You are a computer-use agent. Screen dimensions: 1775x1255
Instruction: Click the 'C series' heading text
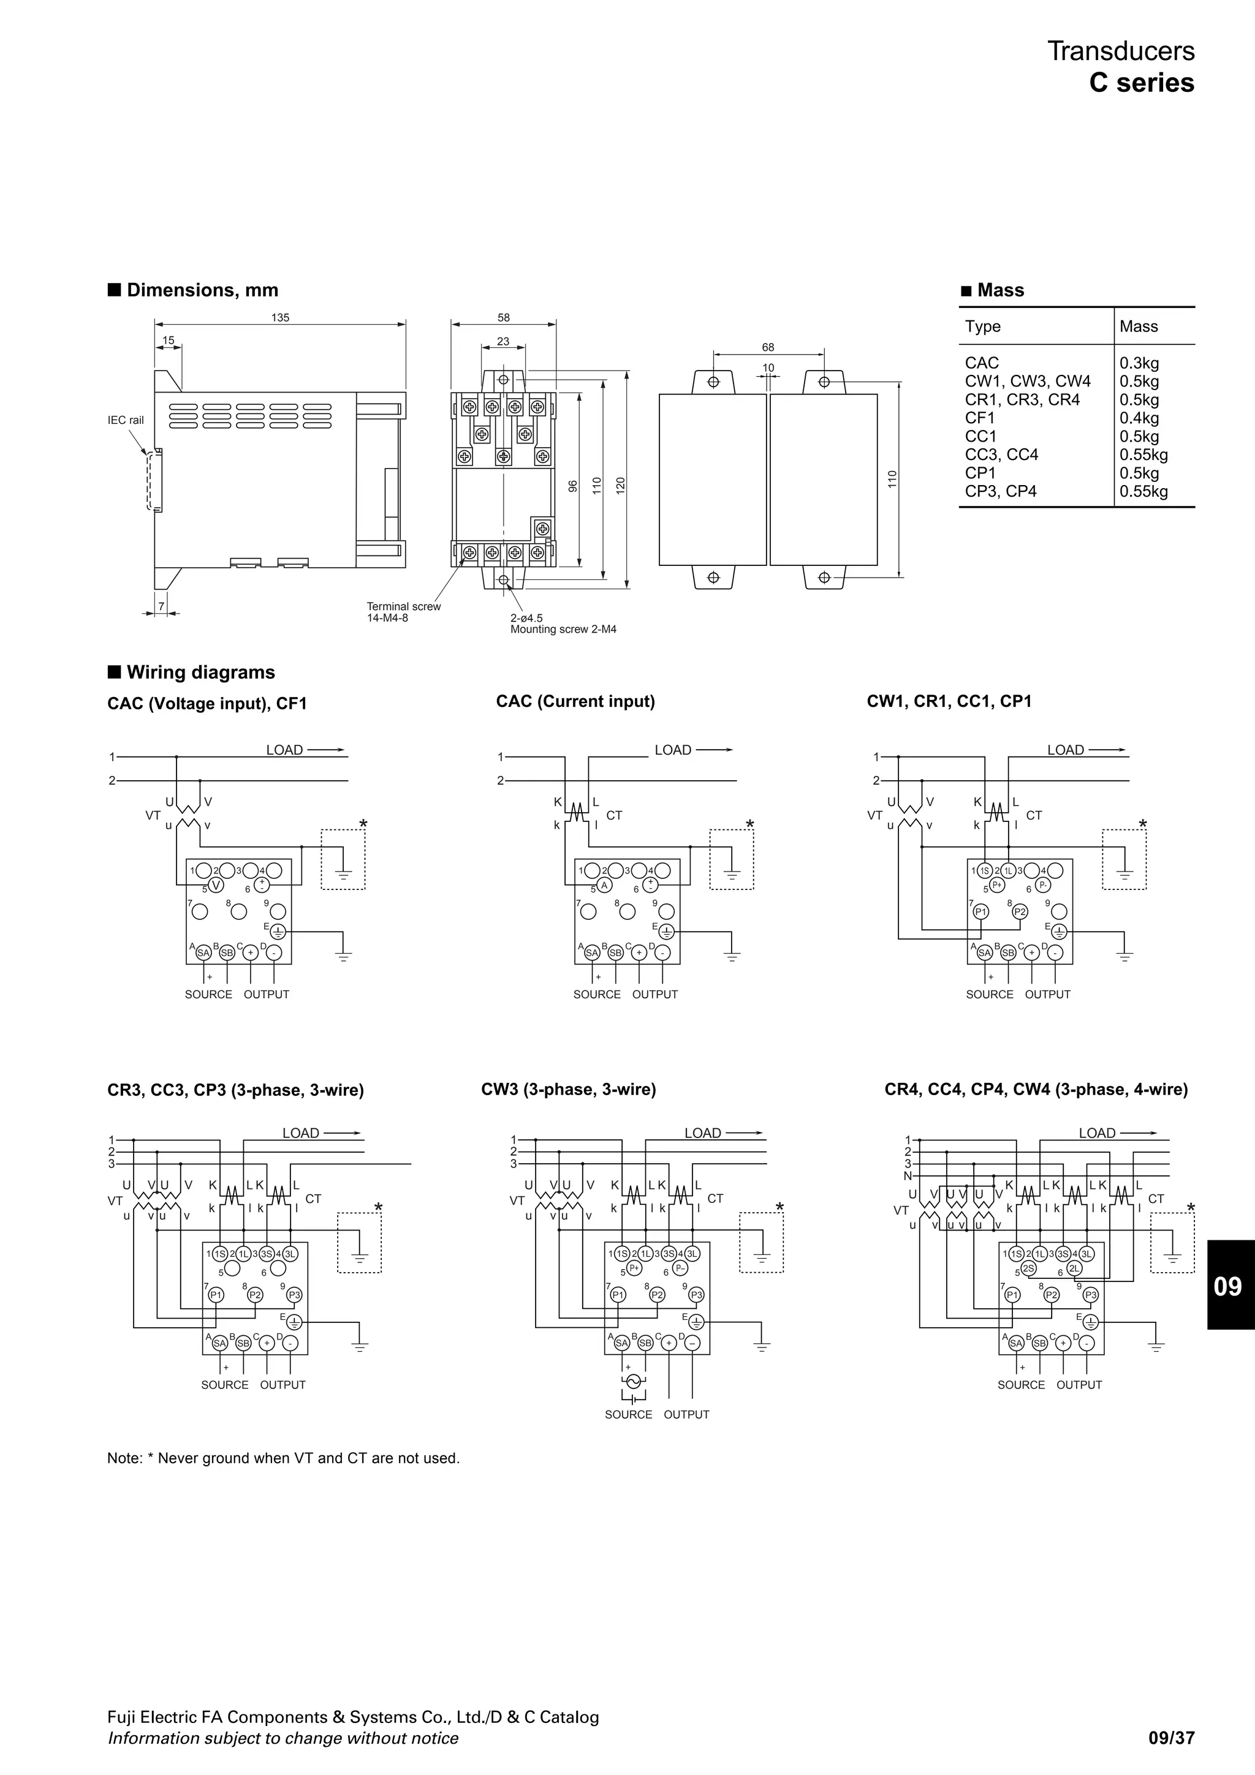(1142, 83)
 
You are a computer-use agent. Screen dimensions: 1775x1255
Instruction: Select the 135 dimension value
(280, 318)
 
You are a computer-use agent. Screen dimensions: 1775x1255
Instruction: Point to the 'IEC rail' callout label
(125, 421)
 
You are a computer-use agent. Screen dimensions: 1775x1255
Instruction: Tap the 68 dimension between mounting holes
(767, 348)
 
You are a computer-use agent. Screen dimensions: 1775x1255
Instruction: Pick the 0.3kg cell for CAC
(1139, 363)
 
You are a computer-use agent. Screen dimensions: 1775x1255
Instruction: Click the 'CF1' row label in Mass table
(980, 418)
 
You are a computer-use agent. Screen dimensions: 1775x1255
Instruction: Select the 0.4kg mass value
(1139, 418)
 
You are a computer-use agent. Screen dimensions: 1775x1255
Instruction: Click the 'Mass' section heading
(1000, 291)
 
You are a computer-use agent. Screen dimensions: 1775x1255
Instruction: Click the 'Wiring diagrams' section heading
(200, 673)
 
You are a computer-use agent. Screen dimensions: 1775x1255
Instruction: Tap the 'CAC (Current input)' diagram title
(575, 701)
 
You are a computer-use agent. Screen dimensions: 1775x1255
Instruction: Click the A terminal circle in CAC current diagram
(605, 885)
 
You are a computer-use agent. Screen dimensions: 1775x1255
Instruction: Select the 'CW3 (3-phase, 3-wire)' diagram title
(568, 1089)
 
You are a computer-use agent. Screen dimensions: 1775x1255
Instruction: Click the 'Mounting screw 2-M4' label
(563, 629)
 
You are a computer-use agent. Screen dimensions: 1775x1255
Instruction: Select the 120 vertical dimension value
(620, 484)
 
